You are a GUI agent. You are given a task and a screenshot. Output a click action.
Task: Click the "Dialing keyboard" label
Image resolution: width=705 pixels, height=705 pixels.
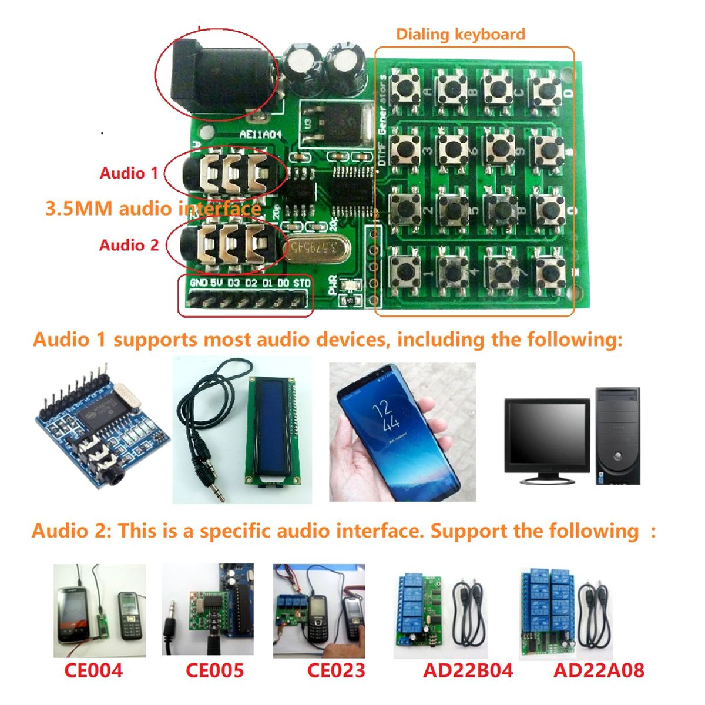click(460, 34)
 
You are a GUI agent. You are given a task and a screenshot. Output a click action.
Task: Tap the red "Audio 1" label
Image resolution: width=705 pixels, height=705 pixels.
click(129, 173)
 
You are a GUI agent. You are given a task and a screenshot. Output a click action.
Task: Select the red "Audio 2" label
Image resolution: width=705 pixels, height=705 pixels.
click(129, 245)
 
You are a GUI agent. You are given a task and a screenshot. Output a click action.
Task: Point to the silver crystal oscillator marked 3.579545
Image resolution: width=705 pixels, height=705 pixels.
click(313, 247)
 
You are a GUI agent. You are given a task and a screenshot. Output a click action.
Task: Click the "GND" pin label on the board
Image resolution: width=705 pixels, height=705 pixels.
click(199, 283)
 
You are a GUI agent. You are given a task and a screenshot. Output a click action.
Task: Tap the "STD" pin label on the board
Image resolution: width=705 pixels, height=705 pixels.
click(301, 283)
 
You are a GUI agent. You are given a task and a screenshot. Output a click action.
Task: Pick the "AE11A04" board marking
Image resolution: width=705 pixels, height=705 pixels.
click(260, 134)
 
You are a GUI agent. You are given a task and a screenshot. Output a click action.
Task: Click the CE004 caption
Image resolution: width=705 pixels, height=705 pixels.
click(93, 670)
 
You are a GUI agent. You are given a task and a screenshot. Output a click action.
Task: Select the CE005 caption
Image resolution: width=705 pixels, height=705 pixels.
click(214, 670)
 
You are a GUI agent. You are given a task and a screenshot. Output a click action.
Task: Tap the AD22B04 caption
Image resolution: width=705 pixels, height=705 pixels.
click(468, 670)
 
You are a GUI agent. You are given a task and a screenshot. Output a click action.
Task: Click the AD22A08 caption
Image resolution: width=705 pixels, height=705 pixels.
click(599, 670)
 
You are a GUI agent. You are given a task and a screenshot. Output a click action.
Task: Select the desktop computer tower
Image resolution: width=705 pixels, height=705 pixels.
click(617, 435)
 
